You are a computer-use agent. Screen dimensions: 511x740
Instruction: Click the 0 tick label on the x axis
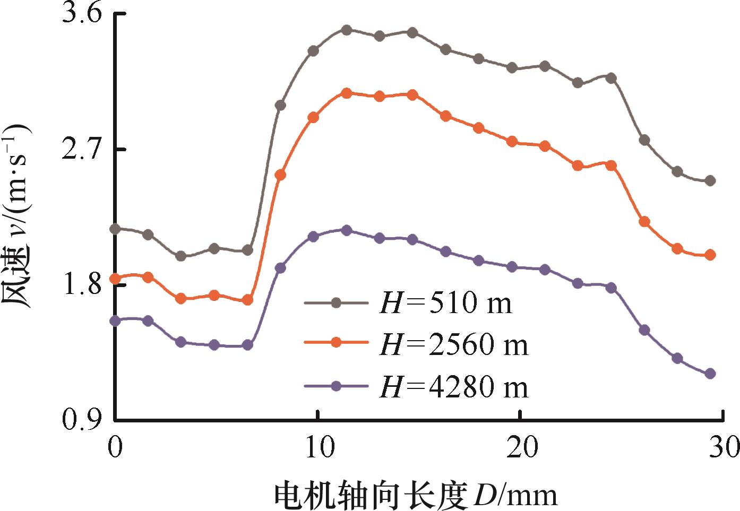(114, 447)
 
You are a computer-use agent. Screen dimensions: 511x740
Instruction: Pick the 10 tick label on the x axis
(317, 447)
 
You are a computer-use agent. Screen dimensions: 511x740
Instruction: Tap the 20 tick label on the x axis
(520, 447)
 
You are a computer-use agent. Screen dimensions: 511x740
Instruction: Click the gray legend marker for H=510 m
(335, 302)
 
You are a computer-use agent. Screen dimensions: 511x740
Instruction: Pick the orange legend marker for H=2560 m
(335, 343)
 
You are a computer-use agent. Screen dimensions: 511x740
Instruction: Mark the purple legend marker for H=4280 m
(335, 386)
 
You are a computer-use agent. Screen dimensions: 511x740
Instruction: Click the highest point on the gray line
(347, 30)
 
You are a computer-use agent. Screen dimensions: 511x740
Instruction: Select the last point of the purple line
(710, 374)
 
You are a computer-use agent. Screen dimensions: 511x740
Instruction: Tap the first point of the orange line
(115, 279)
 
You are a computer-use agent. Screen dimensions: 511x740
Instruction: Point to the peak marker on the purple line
(347, 230)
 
